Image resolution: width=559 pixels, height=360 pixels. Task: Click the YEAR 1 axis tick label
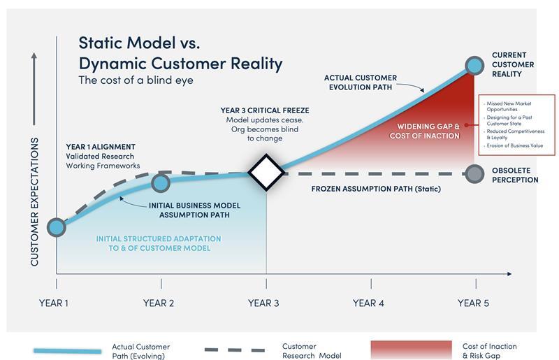pos(56,303)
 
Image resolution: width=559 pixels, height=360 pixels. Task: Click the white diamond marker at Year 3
pos(266,173)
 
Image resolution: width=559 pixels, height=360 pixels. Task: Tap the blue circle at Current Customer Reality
pos(474,66)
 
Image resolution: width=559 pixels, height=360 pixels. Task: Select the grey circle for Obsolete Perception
pos(475,173)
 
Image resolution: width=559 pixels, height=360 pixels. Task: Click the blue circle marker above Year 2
pos(161,183)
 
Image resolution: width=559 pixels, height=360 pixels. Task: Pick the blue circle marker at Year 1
pos(56,226)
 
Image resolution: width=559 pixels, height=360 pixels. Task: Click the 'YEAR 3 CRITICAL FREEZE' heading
pos(265,110)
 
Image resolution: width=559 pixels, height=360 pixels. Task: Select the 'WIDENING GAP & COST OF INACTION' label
pos(428,130)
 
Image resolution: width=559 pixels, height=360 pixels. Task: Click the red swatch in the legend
pos(410,350)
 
